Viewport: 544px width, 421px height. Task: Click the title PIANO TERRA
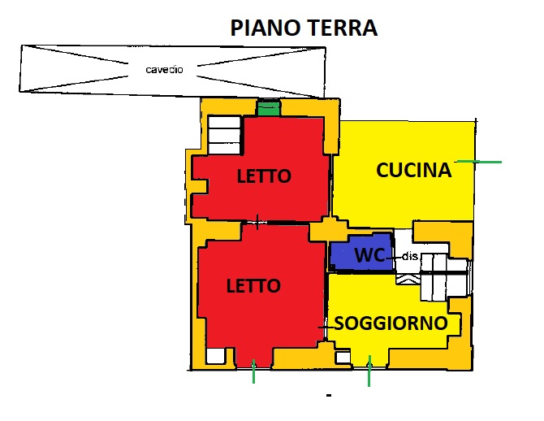point(304,28)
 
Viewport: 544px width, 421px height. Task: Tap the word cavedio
point(164,69)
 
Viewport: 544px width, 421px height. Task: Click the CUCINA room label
point(414,170)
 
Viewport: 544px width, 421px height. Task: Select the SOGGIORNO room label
point(391,323)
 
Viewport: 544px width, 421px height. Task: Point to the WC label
point(369,255)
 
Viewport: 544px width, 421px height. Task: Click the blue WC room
point(361,253)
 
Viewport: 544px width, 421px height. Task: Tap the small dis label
point(409,256)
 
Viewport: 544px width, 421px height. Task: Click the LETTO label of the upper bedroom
point(264,176)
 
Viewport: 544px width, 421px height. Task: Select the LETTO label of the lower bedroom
point(253,286)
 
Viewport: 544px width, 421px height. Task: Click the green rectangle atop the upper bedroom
point(269,108)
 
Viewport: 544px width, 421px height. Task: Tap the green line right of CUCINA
point(479,162)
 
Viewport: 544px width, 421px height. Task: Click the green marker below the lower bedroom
point(253,371)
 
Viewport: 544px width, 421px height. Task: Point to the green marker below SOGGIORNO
point(369,371)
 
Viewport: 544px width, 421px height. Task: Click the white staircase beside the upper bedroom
point(224,135)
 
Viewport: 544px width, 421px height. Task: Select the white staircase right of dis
point(444,277)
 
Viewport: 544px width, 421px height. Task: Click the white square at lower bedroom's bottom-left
point(215,356)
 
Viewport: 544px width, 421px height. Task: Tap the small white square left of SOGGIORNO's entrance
point(343,358)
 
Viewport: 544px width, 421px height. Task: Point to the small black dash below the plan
point(329,395)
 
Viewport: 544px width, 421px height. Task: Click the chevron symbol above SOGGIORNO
point(408,278)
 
